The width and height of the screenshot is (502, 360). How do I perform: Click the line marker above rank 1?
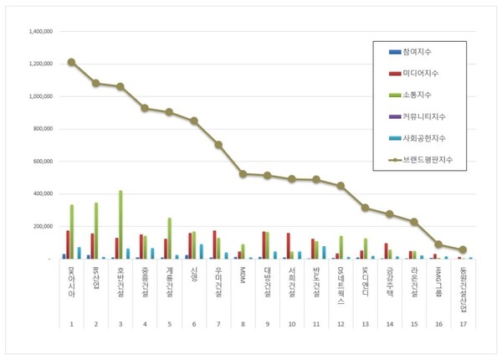[x=71, y=62]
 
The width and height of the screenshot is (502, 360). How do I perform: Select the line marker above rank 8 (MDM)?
[x=243, y=174]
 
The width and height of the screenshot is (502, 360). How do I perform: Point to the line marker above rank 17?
[x=463, y=249]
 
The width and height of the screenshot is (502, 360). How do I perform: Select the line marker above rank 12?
[x=341, y=186]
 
